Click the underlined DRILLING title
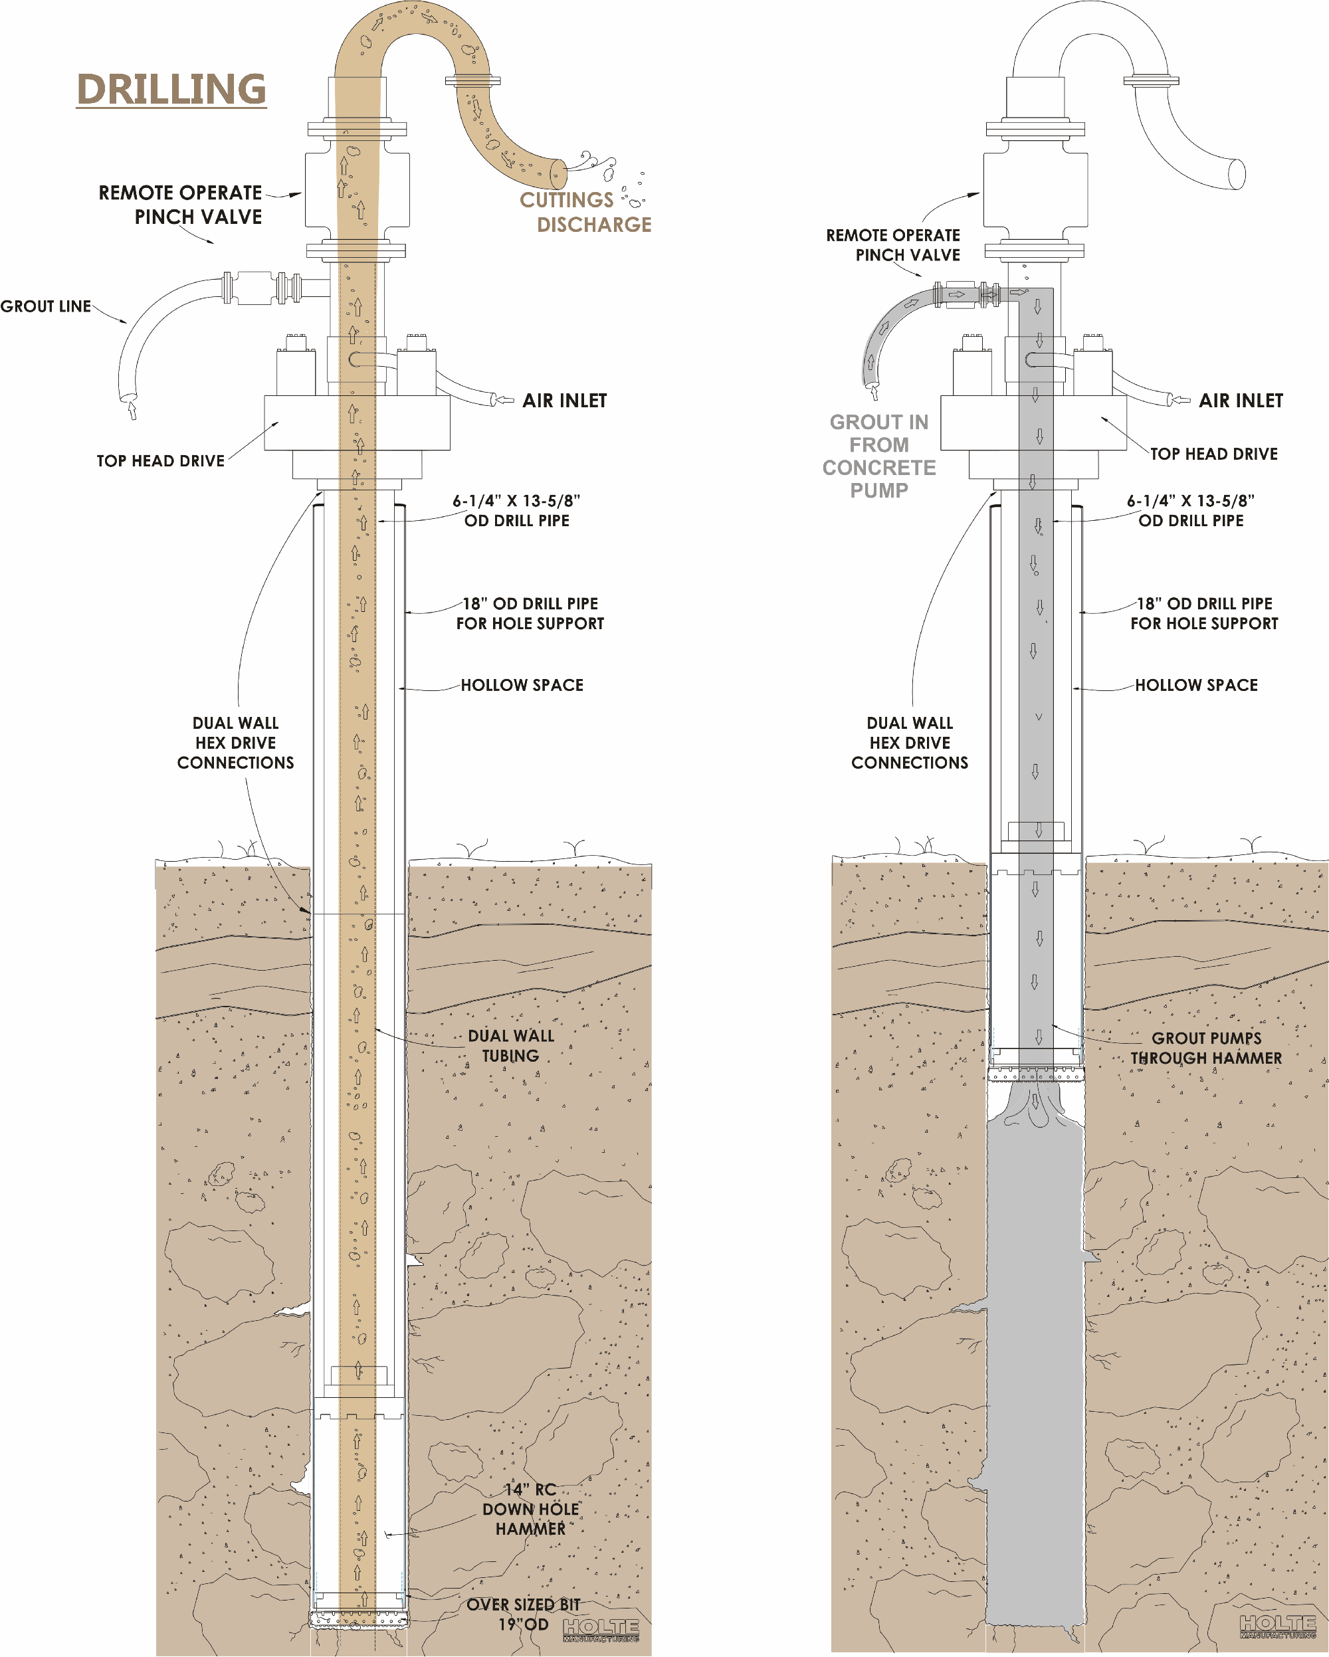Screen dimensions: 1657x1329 pos(171,90)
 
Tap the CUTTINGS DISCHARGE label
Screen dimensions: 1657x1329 pos(585,212)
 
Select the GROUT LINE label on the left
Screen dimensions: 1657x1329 pos(46,306)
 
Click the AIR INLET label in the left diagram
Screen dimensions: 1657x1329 pos(564,401)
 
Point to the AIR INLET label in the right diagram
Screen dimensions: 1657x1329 pos(1241,401)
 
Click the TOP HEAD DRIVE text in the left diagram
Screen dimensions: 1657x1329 pos(161,460)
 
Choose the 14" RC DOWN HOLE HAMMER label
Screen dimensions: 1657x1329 pos(530,1509)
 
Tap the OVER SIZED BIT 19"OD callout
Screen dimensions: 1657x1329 pos(523,1614)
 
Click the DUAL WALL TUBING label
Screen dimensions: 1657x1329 pos(510,1045)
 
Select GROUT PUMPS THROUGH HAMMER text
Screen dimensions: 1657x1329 pos(1205,1048)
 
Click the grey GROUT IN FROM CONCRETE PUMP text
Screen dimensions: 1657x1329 pos(878,456)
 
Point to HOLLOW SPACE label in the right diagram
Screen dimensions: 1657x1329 pos(1196,685)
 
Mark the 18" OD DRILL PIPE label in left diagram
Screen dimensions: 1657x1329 pos(530,613)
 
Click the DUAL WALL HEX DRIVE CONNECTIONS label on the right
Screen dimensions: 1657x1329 pos(909,742)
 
